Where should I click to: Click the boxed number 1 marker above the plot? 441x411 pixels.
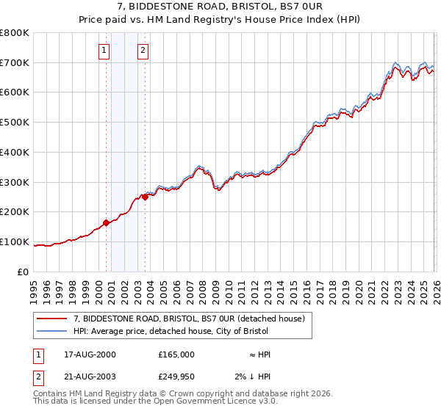pyautogui.click(x=105, y=51)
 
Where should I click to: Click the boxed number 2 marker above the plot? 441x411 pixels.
pyautogui.click(x=143, y=51)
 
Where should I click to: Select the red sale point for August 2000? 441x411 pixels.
pyautogui.click(x=106, y=222)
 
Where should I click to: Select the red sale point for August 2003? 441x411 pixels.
pyautogui.click(x=145, y=197)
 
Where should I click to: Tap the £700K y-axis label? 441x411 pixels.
pyautogui.click(x=15, y=63)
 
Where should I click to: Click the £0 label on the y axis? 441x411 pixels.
pyautogui.click(x=22, y=272)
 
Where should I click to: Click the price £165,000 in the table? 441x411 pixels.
pyautogui.click(x=176, y=354)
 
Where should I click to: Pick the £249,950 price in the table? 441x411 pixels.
pyautogui.click(x=176, y=376)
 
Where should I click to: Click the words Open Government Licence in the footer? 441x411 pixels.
pyautogui.click(x=199, y=401)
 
